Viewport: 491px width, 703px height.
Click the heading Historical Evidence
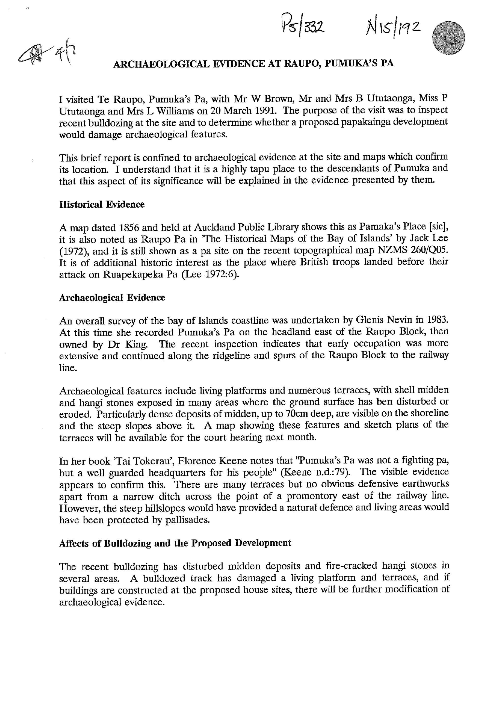pos(102,205)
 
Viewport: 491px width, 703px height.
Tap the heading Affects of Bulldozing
pos(175,543)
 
